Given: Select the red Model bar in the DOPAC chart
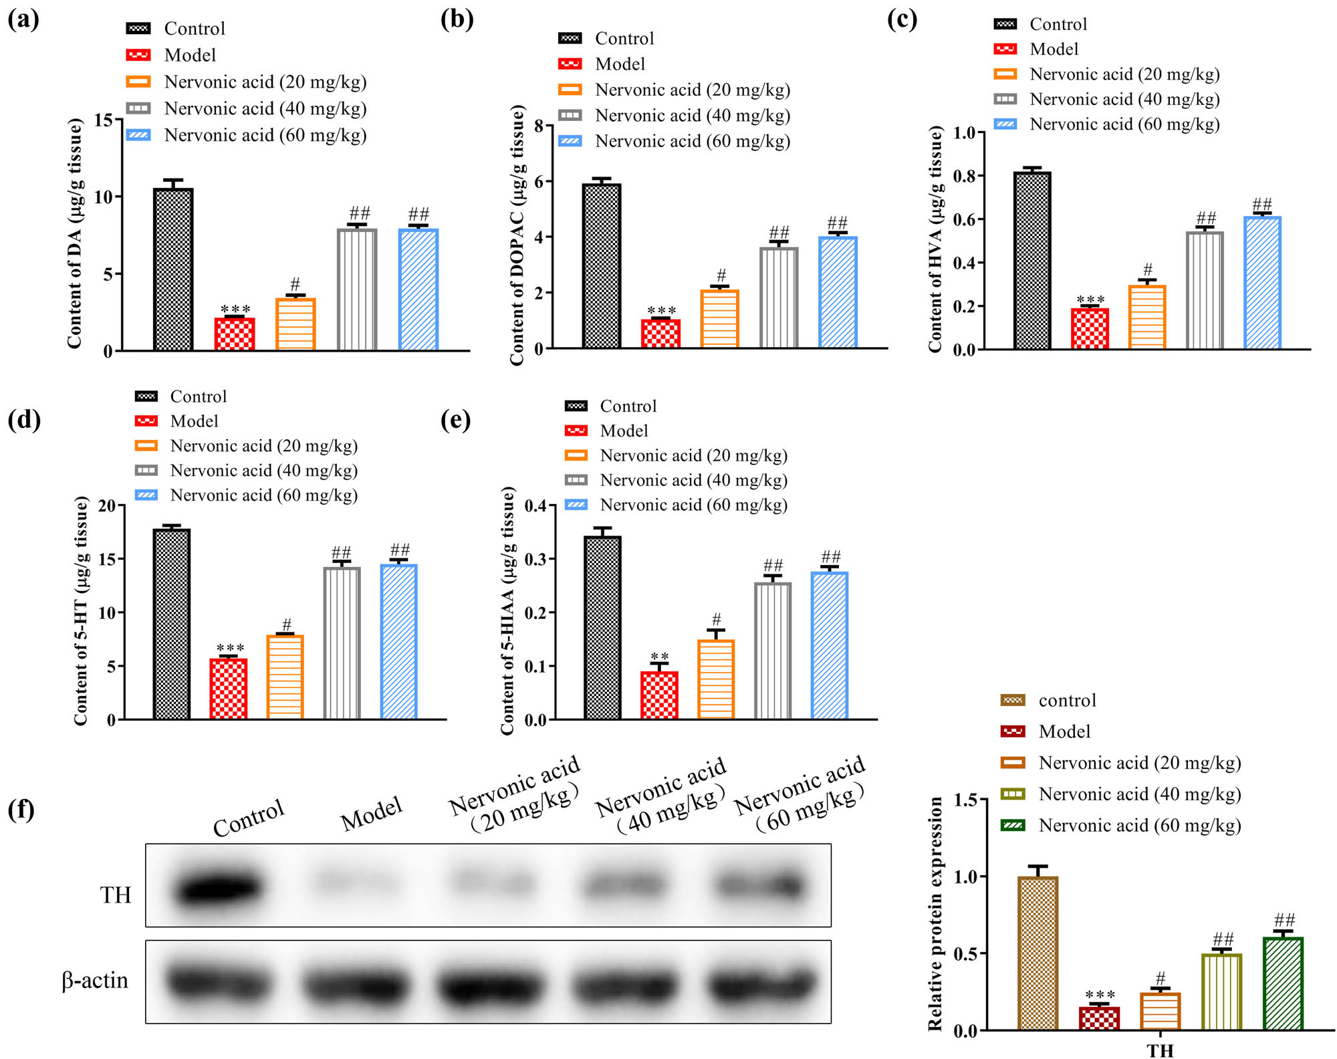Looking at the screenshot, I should [660, 334].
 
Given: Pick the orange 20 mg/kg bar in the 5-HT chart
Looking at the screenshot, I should [285, 677].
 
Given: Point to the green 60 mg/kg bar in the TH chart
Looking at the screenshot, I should [1283, 983].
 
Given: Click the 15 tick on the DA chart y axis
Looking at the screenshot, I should [104, 120].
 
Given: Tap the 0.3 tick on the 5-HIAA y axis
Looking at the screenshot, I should [535, 560].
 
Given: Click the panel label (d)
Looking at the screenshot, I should [24, 420].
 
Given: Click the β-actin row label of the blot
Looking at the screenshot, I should [95, 981].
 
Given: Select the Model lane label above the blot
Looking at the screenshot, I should [372, 814].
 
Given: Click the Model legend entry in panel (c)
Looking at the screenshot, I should [1054, 49].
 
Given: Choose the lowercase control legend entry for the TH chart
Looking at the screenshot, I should [1067, 700].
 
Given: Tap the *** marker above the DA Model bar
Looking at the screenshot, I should [235, 310].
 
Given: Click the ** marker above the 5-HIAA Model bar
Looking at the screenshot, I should [659, 657].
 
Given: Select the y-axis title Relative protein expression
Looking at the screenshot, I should [935, 913].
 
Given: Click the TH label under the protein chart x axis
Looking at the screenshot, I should [1161, 1050].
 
